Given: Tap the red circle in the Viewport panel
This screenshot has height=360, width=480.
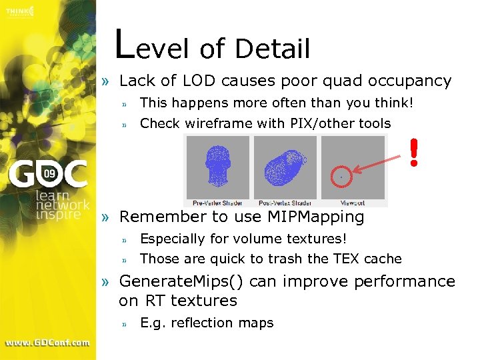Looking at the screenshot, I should (x=341, y=177).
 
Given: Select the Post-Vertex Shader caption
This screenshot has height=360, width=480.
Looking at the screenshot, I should (x=285, y=202).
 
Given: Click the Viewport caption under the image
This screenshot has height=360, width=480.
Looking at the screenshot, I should (x=353, y=202).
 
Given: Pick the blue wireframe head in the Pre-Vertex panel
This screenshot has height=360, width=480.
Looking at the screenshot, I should (x=217, y=166).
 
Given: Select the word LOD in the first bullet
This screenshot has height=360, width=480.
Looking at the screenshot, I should (x=197, y=81).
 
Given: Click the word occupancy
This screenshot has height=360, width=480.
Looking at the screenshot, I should (x=408, y=81).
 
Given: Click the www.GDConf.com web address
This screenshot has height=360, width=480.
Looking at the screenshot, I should (x=47, y=342).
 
